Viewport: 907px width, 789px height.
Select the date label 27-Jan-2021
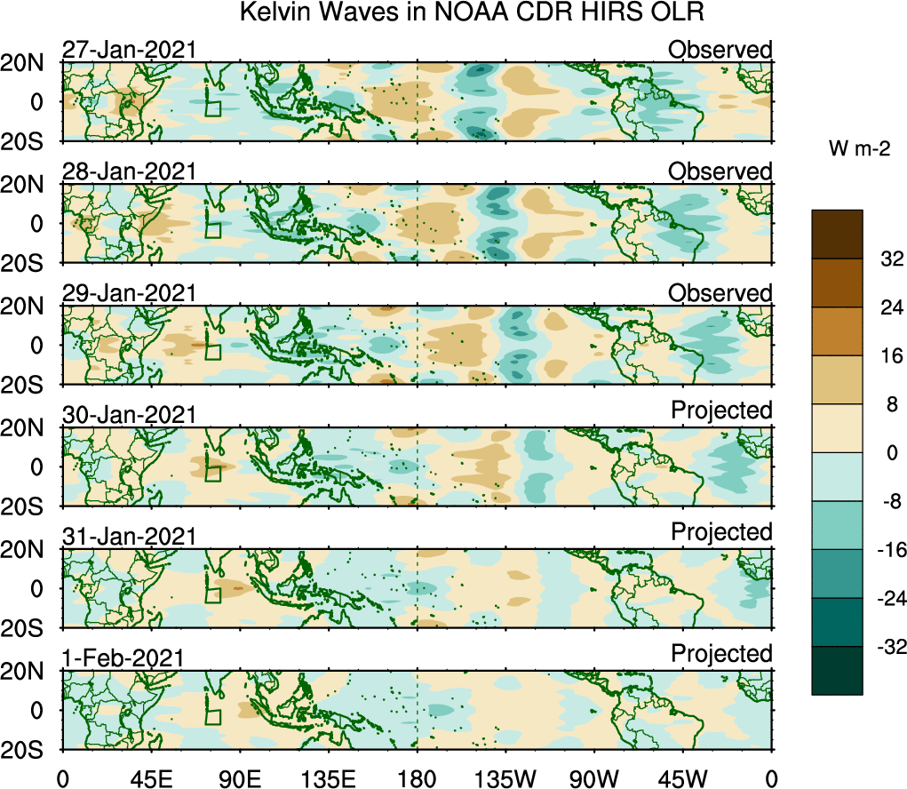point(128,51)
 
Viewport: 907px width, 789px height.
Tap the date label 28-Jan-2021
point(128,171)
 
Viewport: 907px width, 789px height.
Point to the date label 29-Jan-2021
point(128,293)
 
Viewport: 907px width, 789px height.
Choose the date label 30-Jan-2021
point(128,415)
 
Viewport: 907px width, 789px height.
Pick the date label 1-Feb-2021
point(123,657)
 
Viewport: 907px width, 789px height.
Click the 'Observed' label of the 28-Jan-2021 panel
point(720,171)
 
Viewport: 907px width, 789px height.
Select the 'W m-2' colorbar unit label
point(860,150)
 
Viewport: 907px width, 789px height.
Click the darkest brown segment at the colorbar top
point(837,235)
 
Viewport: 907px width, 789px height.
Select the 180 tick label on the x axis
point(418,778)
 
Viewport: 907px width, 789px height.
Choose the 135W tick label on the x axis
point(505,778)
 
